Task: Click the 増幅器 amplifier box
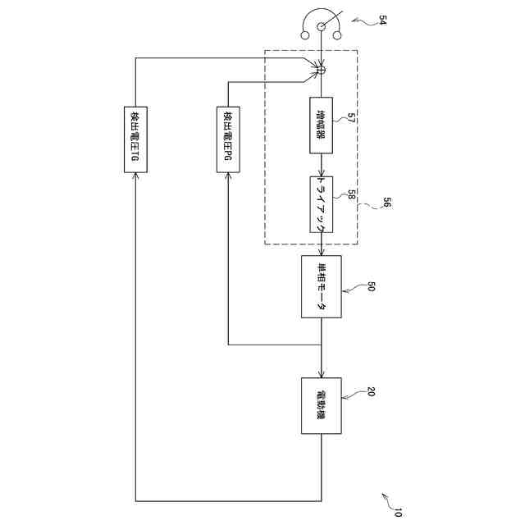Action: (321, 126)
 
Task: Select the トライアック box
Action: (321, 204)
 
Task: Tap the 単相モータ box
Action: (321, 287)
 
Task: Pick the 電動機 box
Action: (321, 403)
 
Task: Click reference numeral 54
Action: (382, 22)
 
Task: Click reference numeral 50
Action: (372, 286)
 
